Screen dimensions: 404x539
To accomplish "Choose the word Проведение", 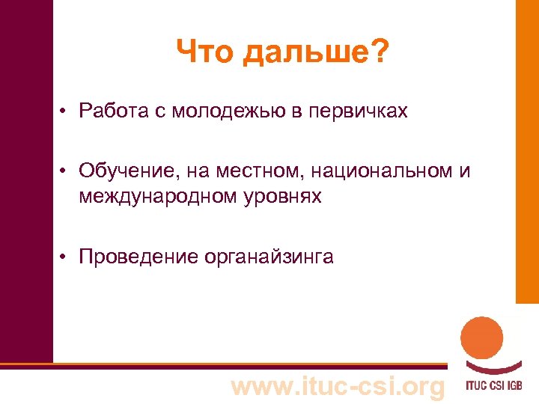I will point(137,257).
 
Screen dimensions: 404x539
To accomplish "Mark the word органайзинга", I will point(269,258).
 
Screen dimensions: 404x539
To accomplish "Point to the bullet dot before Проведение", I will point(66,257).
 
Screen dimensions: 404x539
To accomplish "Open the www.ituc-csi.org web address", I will point(338,386).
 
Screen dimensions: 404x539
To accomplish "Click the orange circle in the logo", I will point(481,338).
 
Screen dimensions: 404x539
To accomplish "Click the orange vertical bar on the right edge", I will point(527,150).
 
